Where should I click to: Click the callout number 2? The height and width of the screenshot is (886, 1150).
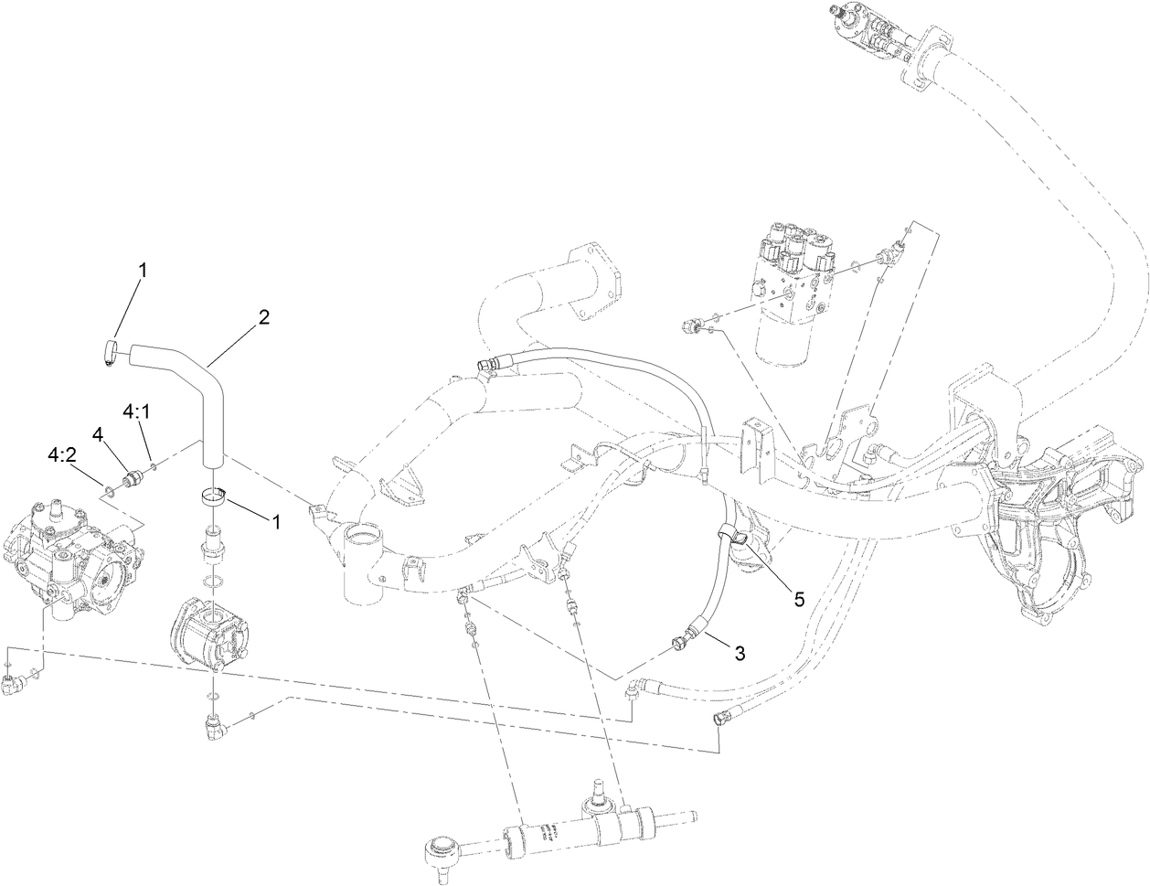coord(263,317)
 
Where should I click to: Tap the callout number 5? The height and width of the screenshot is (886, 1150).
coord(798,599)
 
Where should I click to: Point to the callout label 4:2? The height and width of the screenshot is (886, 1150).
coord(62,454)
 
